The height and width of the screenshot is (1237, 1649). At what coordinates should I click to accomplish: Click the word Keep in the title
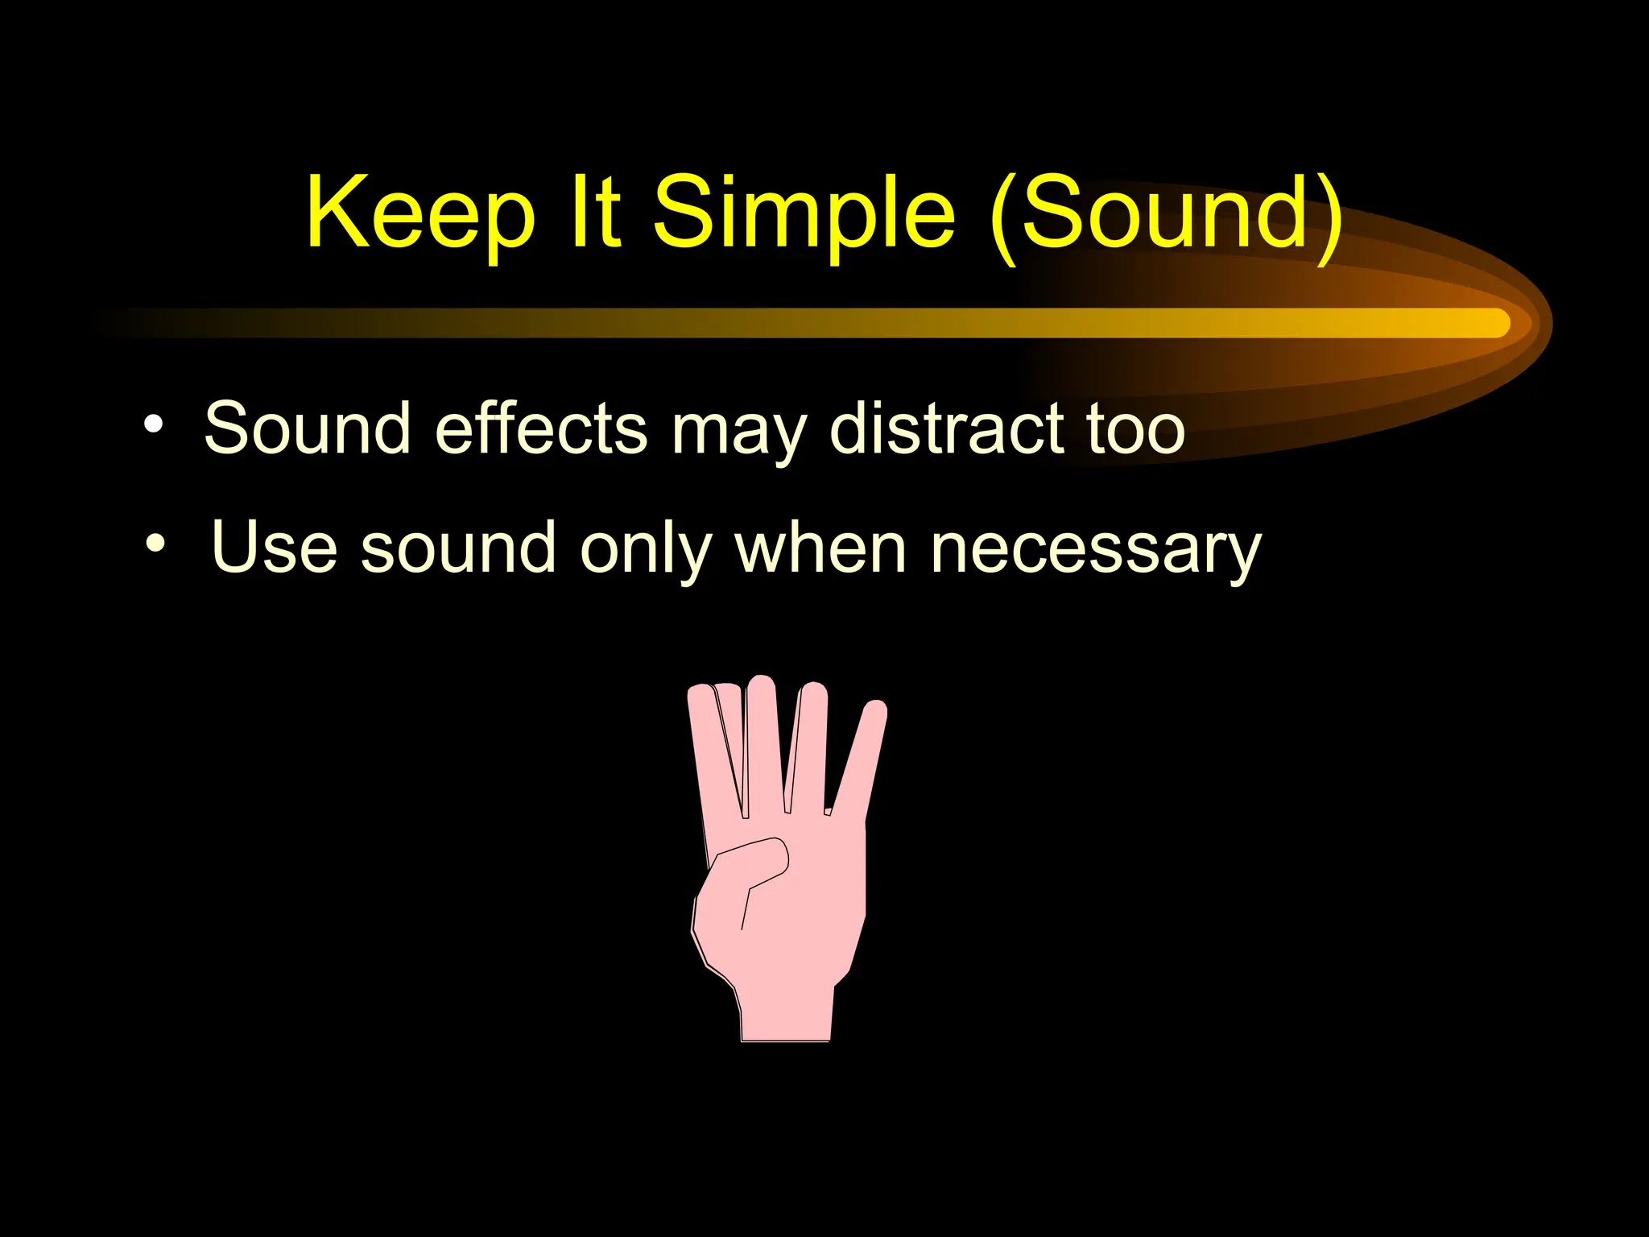(420, 214)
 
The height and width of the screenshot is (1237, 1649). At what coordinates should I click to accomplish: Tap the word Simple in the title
(804, 214)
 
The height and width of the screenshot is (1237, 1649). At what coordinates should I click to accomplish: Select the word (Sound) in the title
(1167, 214)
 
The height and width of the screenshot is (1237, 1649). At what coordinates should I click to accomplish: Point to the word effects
(540, 428)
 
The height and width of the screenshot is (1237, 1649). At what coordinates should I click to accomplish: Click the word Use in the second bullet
(274, 548)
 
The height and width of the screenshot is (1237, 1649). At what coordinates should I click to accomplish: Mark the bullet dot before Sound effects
(154, 424)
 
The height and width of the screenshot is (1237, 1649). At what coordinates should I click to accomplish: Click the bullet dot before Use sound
(155, 544)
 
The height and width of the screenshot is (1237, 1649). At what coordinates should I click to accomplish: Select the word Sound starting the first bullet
(307, 428)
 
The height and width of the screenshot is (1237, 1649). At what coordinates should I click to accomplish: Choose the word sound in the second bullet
(458, 548)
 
